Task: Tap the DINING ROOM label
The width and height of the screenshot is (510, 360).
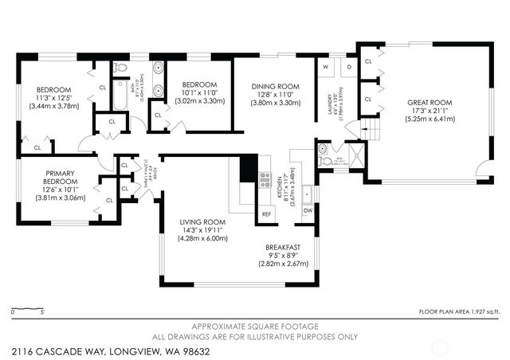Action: click(275, 86)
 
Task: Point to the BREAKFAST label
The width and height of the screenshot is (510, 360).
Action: click(282, 248)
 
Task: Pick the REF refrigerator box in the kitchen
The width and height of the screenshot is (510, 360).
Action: click(266, 214)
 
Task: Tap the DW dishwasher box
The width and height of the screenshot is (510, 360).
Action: click(309, 209)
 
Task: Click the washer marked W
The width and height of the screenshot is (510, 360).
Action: click(326, 67)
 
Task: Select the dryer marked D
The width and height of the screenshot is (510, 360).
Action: click(350, 67)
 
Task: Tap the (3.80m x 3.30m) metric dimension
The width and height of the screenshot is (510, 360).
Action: click(275, 103)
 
